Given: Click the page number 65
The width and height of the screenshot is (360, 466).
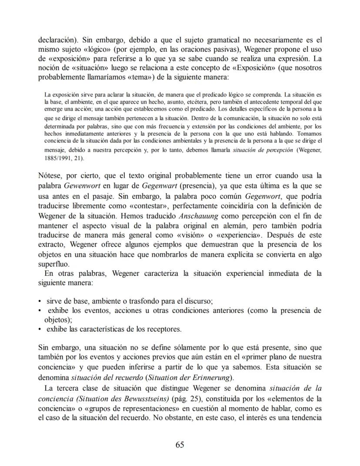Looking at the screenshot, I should (x=180, y=444).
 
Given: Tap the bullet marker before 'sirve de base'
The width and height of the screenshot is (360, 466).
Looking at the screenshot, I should (x=40, y=301).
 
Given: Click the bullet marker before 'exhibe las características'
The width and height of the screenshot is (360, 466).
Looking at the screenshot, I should (x=40, y=329).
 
